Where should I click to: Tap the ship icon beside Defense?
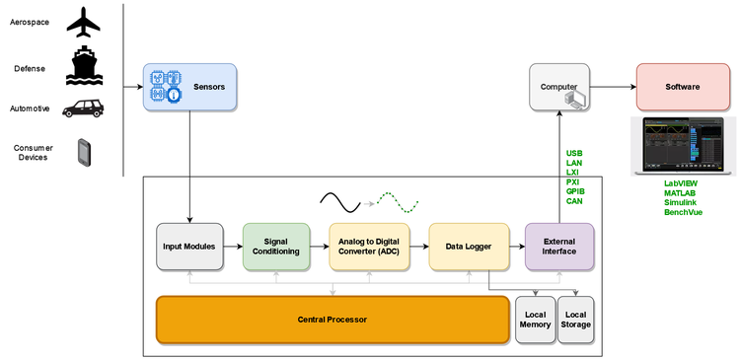(84, 67)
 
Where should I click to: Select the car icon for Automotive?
(83, 108)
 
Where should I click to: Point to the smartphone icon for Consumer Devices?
(85, 152)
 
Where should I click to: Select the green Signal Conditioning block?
(275, 247)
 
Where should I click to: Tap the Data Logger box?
(468, 247)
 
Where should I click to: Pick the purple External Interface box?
(559, 247)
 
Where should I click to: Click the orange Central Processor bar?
(333, 320)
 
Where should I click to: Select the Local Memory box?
(535, 320)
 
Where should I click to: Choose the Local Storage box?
(577, 320)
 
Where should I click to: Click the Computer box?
(559, 87)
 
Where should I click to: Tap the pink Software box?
(683, 87)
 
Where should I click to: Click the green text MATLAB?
(681, 192)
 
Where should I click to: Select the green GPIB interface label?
(574, 191)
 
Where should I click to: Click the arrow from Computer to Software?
(613, 87)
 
